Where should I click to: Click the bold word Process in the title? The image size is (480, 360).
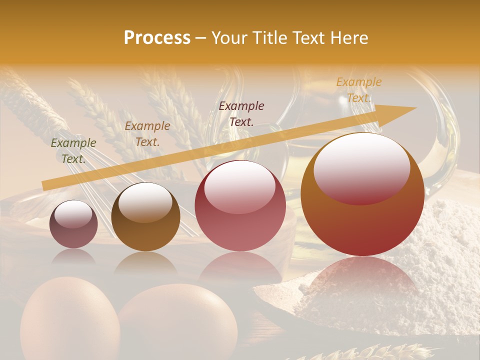click(x=157, y=38)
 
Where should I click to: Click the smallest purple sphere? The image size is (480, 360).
click(x=73, y=224)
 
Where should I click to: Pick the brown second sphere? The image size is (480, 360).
click(x=145, y=217)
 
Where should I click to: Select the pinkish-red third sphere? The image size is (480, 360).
click(x=240, y=205)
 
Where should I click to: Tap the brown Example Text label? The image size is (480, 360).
click(x=147, y=134)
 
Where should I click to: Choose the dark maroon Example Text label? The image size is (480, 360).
click(x=241, y=113)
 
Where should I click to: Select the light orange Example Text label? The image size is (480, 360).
click(x=358, y=90)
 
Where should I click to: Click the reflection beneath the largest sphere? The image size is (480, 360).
click(x=362, y=280)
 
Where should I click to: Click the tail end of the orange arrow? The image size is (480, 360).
click(x=44, y=186)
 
